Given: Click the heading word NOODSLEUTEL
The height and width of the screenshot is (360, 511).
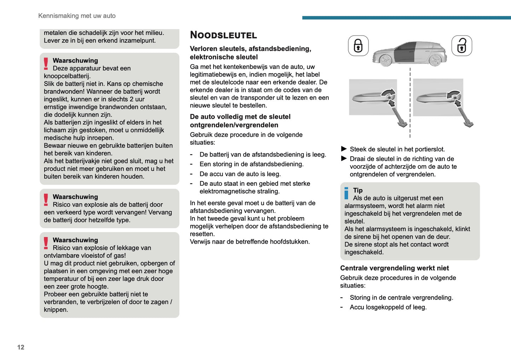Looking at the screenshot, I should (x=223, y=35).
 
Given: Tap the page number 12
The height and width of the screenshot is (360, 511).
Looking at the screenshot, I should (x=21, y=347).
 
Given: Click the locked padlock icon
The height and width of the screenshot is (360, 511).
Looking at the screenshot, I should (x=358, y=46).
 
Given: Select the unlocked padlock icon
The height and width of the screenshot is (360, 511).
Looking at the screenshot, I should (x=461, y=46).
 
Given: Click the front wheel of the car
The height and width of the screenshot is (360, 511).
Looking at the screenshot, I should (x=386, y=60).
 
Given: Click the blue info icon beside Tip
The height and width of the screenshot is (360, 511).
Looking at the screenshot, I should (x=346, y=193).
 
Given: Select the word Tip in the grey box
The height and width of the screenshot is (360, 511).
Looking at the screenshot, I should (x=358, y=190).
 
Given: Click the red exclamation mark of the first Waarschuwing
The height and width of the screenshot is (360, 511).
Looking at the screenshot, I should (x=46, y=63).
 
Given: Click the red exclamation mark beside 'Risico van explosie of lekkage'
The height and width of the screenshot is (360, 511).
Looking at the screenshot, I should (x=46, y=243).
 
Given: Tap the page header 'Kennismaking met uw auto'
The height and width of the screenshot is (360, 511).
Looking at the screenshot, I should (x=77, y=16).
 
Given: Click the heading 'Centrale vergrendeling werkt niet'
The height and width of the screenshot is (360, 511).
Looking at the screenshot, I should (x=394, y=268).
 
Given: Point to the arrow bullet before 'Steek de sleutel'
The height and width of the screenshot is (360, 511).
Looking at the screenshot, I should (x=344, y=149).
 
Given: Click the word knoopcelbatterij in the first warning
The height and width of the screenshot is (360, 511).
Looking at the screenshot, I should (x=67, y=76).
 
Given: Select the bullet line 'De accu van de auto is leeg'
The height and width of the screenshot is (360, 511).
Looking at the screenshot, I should (x=240, y=174).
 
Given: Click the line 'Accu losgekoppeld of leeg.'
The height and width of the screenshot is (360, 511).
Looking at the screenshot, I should (x=388, y=307).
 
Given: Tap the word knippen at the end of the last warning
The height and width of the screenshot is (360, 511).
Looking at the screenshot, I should (x=56, y=310).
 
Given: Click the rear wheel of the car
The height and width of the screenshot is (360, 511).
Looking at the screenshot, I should (x=435, y=60).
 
